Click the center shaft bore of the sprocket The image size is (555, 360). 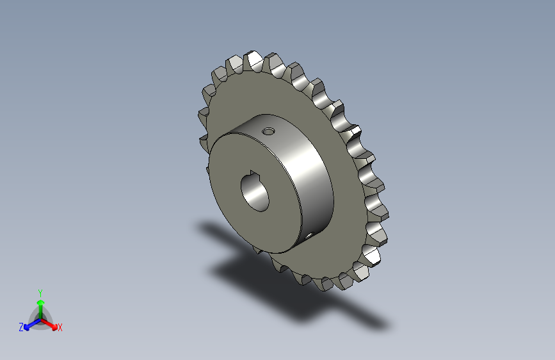[x=256, y=190]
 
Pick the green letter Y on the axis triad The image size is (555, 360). [x=40, y=292]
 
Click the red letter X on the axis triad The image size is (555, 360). [x=60, y=327]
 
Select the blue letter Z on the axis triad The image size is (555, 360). [x=21, y=327]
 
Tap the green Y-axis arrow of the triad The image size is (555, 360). [x=40, y=304]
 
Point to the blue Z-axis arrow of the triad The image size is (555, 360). [x=29, y=324]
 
